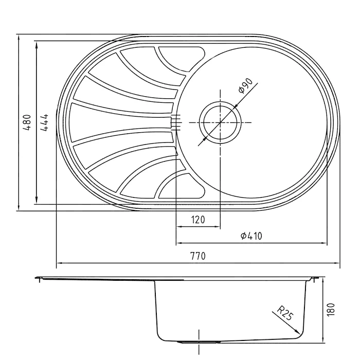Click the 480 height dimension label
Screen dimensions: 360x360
point(27,122)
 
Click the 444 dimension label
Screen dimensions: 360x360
point(44,122)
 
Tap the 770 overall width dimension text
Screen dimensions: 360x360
point(198,256)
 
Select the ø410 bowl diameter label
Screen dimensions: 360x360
point(251,236)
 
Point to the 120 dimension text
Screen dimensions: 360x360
point(198,220)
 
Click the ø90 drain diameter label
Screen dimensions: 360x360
point(246,85)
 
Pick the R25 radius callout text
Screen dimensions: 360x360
point(285,313)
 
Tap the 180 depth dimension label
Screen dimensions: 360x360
point(331,310)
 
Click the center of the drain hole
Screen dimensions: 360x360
point(221,122)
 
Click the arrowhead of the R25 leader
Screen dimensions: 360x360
point(298,332)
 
